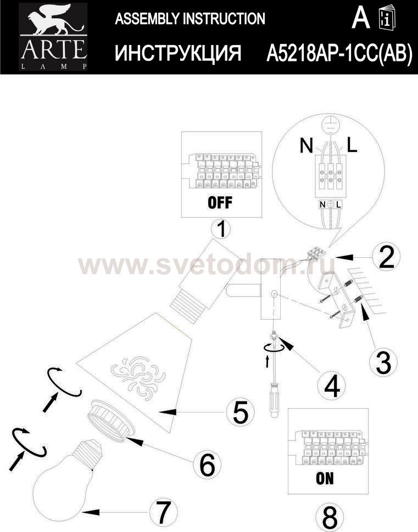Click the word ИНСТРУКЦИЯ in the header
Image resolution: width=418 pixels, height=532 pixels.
tap(178, 53)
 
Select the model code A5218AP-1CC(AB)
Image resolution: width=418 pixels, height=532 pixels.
tap(339, 53)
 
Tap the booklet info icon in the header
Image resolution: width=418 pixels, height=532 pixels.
tap(387, 18)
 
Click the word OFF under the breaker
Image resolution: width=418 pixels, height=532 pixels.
tap(220, 202)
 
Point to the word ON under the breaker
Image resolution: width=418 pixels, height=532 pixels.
tap(325, 478)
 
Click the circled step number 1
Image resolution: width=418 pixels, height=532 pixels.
tap(221, 229)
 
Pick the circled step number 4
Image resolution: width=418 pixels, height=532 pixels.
tap(332, 386)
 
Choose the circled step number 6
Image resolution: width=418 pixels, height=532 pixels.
tap(207, 465)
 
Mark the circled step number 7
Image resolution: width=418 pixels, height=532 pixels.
tap(164, 512)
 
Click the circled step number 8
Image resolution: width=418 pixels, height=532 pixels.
tap(329, 517)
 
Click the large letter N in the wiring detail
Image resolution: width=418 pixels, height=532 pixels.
tap(306, 146)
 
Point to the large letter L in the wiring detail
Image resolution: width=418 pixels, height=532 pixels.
tap(352, 145)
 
